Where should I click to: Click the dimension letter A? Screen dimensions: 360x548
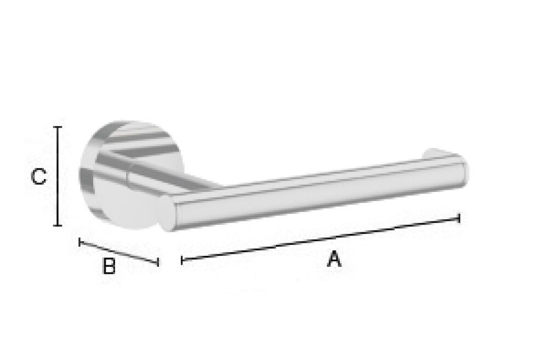pos(334,259)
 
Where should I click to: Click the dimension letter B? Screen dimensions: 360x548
pos(109,266)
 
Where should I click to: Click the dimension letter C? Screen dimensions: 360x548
pos(38,177)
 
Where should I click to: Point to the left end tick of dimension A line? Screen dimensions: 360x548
pos(181,261)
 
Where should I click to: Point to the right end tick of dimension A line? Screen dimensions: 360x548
pos(459,218)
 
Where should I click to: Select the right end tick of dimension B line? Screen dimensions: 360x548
pos(158,263)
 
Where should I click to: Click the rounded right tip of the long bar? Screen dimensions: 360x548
pos(466,172)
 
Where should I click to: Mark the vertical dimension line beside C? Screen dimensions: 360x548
pos(57,176)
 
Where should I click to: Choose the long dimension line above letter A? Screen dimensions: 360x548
pos(320,239)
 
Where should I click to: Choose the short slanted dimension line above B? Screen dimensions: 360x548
pos(119,252)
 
